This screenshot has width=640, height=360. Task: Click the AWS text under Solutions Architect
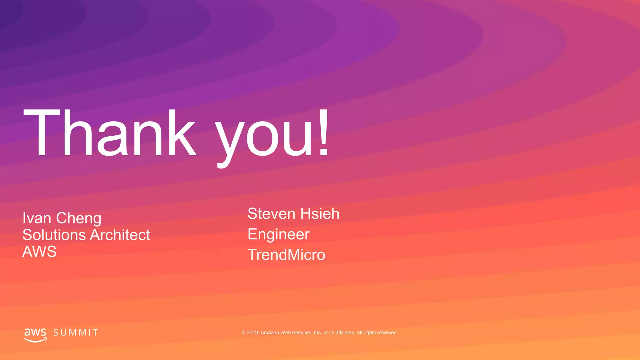click(x=39, y=252)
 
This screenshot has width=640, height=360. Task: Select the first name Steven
click(x=272, y=214)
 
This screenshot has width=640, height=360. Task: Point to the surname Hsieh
click(x=320, y=214)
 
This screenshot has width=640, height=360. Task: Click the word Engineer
click(x=278, y=235)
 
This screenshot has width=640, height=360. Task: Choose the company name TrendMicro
click(x=286, y=255)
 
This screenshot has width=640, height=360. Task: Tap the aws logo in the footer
click(x=35, y=334)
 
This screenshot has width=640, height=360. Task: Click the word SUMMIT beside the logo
click(x=76, y=332)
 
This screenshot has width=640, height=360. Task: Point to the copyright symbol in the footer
click(x=243, y=333)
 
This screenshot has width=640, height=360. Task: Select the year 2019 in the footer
click(x=252, y=332)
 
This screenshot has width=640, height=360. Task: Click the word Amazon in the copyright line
click(x=270, y=332)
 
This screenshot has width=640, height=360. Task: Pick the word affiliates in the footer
click(x=345, y=332)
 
